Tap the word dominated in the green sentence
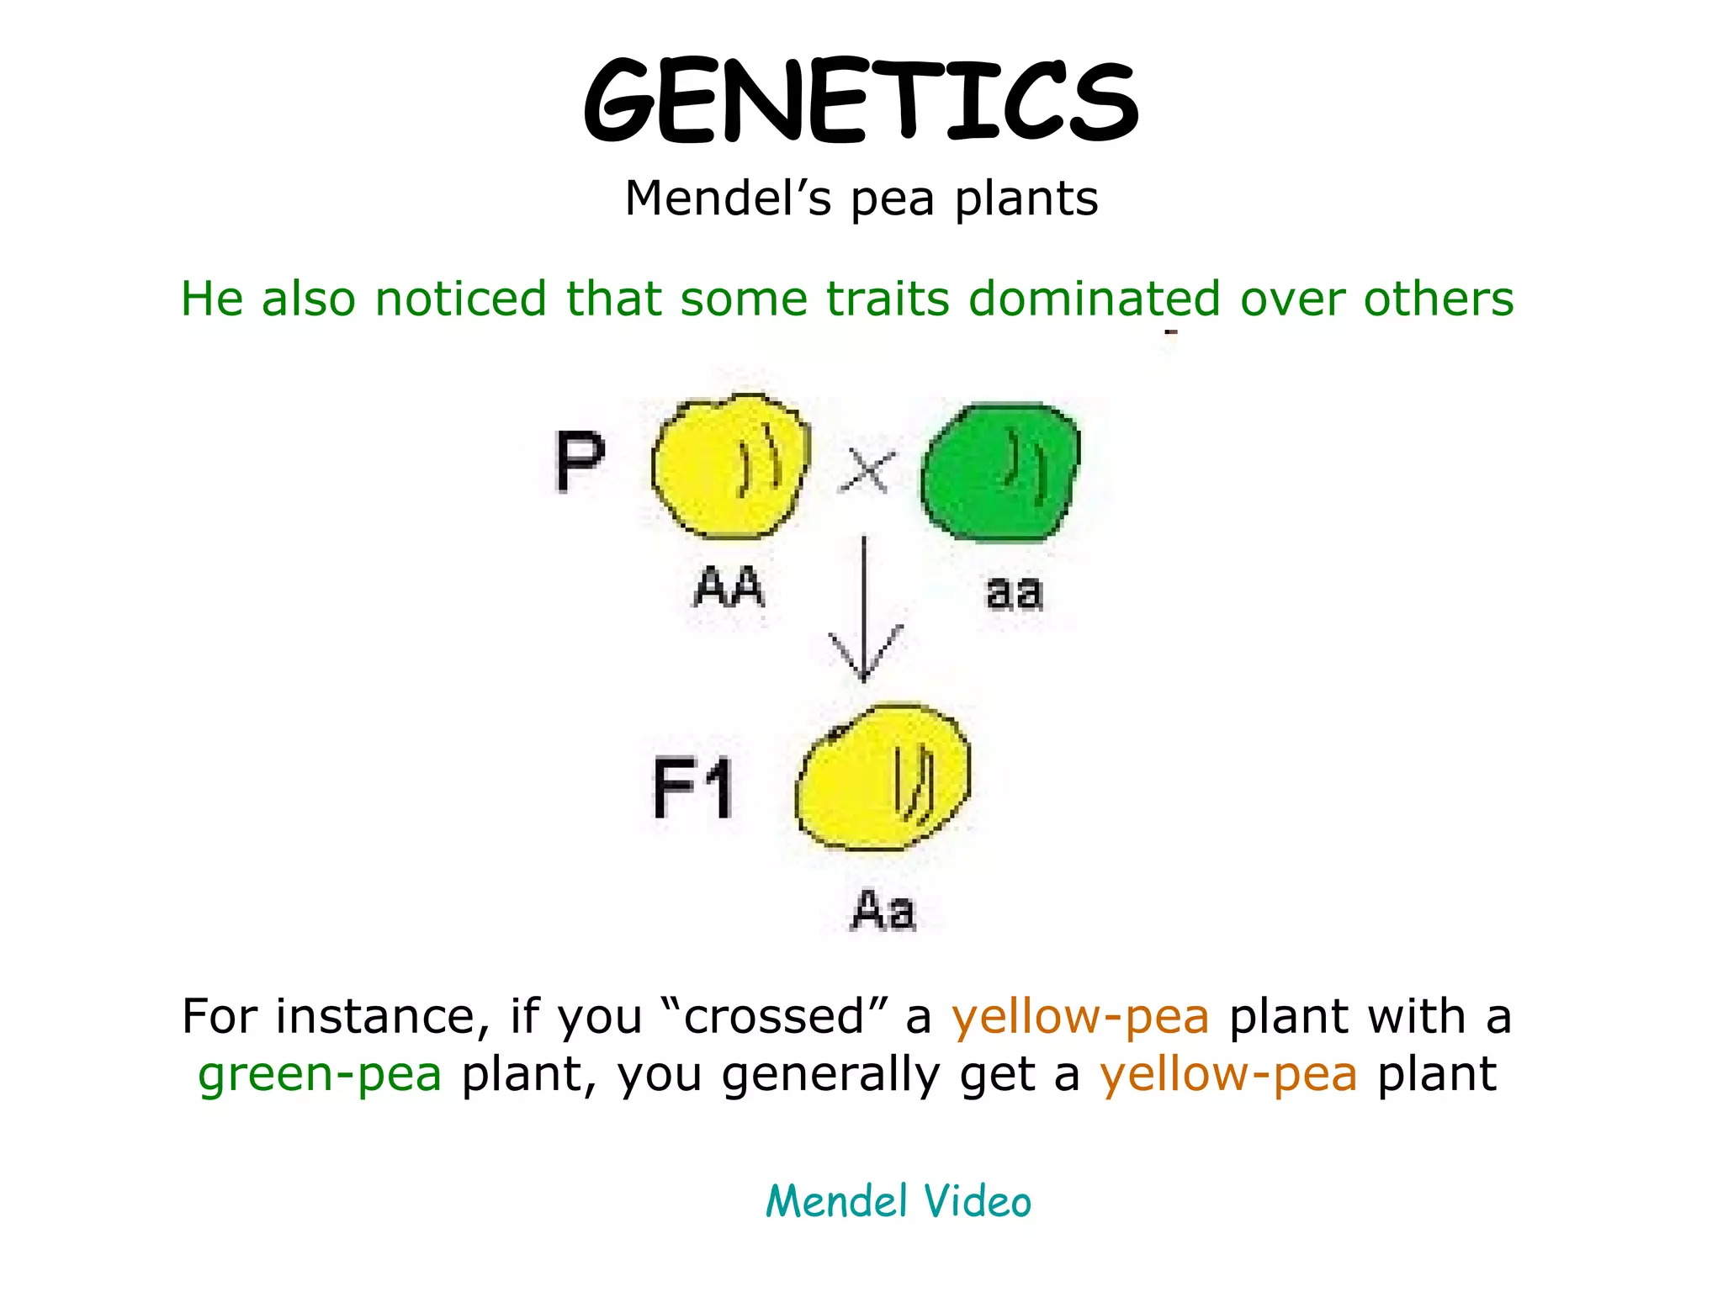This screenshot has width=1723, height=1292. tap(1094, 299)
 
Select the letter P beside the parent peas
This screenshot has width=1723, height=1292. tap(580, 461)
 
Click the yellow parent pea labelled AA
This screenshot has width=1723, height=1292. tap(729, 468)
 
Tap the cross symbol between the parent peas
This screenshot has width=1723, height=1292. tap(867, 470)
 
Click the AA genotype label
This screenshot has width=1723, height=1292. tap(729, 587)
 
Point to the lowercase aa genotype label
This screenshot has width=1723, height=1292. tap(1014, 592)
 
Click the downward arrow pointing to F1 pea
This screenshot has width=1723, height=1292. tap(865, 614)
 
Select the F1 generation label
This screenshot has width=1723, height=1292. tap(693, 788)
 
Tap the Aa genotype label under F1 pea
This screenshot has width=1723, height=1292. tap(883, 911)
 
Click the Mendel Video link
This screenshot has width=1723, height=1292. tap(898, 1201)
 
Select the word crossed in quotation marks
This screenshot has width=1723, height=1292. tap(774, 1017)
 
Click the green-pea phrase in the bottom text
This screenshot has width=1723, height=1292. tap(320, 1075)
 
